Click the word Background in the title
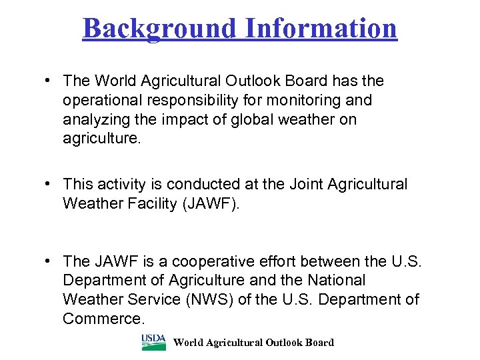(159, 29)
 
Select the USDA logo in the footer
(153, 342)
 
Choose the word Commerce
(103, 319)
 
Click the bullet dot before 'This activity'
(48, 184)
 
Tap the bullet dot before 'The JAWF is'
(48, 261)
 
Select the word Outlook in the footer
(285, 343)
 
